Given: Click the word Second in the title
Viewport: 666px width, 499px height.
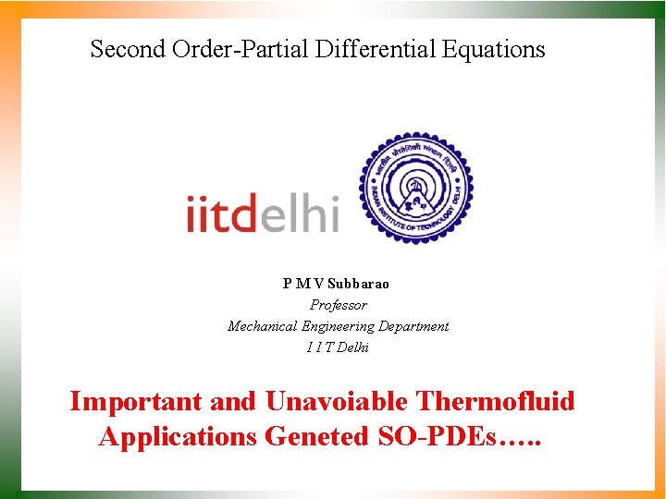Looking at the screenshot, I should pyautogui.click(x=128, y=49).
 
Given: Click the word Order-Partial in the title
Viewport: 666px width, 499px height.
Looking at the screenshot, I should pyautogui.click(x=240, y=49).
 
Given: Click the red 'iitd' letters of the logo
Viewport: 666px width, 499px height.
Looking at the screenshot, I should pyautogui.click(x=221, y=213).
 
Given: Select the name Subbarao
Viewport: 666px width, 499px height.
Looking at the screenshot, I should pyautogui.click(x=358, y=284).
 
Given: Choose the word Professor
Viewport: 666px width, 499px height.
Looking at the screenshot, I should pyautogui.click(x=338, y=305).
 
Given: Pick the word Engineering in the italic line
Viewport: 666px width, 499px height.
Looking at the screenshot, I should pyautogui.click(x=338, y=326).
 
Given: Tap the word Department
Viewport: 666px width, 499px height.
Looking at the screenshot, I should pyautogui.click(x=413, y=326).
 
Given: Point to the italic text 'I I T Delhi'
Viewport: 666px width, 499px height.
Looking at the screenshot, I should pyautogui.click(x=338, y=347).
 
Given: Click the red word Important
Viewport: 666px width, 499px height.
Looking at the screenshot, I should pyautogui.click(x=136, y=402).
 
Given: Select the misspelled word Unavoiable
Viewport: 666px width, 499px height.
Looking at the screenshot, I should pyautogui.click(x=337, y=402).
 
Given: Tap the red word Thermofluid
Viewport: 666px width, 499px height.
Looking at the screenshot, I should pyautogui.click(x=496, y=402).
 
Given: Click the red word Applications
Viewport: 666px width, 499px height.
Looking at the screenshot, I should pyautogui.click(x=178, y=436).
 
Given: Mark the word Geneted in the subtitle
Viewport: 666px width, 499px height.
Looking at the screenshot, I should pyautogui.click(x=316, y=436).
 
